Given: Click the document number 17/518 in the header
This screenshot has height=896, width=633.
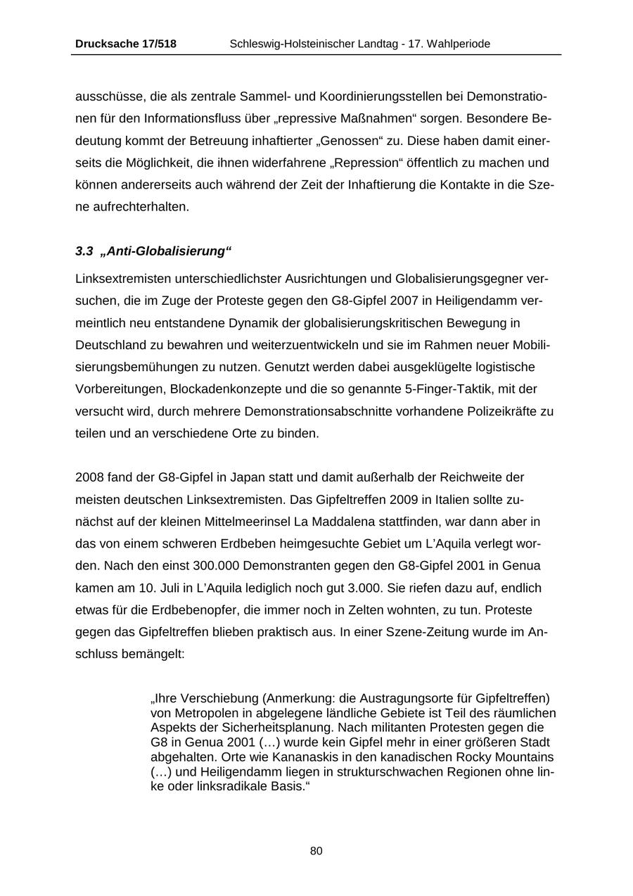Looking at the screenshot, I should [155, 44].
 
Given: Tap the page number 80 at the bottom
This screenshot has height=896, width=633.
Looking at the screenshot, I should [316, 851].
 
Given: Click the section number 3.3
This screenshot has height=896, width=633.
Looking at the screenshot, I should [84, 251].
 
